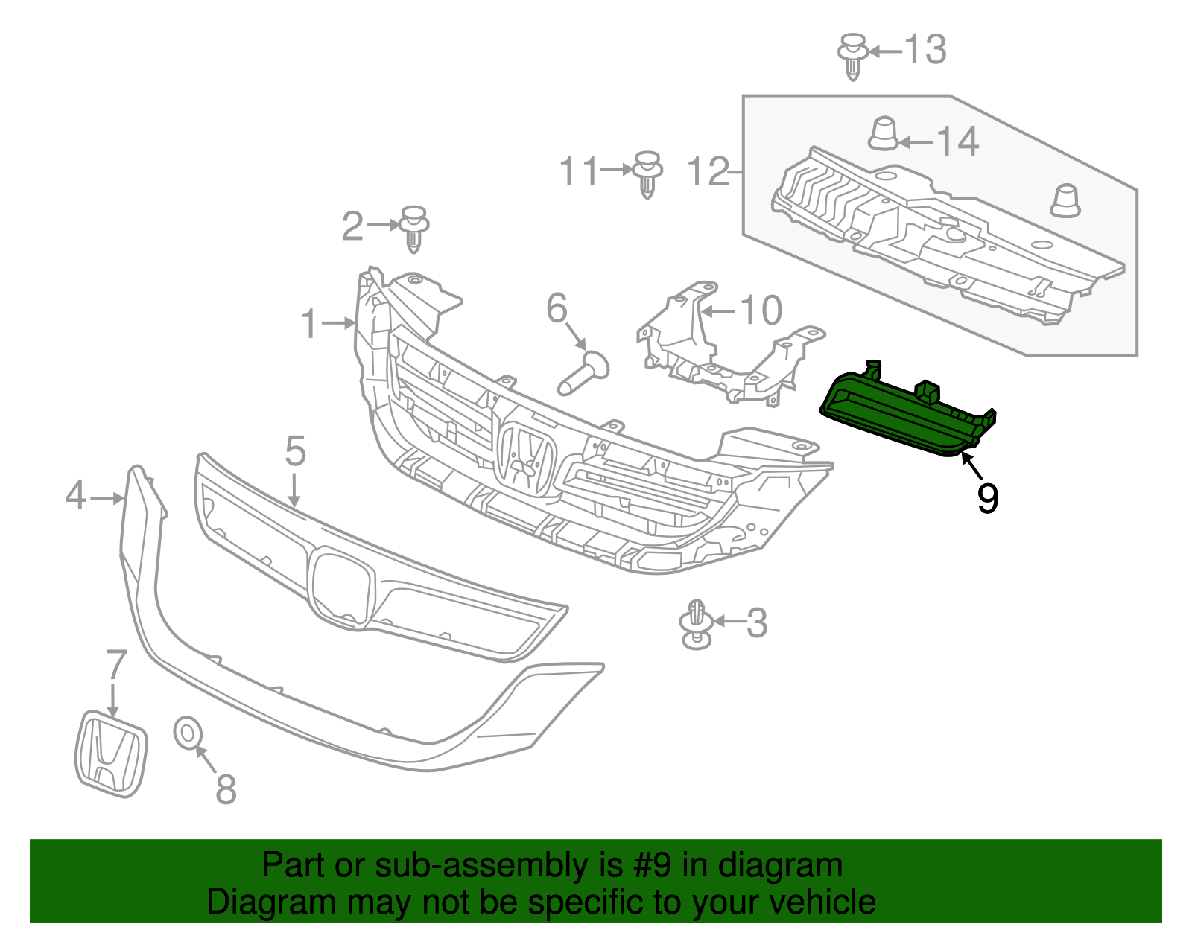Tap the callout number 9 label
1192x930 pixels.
point(988,498)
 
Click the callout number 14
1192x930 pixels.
point(957,141)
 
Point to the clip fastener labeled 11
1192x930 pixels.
point(647,173)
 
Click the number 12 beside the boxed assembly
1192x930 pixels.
point(707,172)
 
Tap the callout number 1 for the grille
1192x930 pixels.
point(309,325)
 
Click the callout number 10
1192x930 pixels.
point(761,310)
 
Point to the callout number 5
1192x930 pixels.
point(295,452)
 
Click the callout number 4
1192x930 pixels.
point(75,496)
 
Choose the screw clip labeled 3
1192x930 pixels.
point(696,624)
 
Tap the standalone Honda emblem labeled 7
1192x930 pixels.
point(111,754)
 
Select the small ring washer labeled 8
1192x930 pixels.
point(187,733)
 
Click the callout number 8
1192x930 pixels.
point(226,789)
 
